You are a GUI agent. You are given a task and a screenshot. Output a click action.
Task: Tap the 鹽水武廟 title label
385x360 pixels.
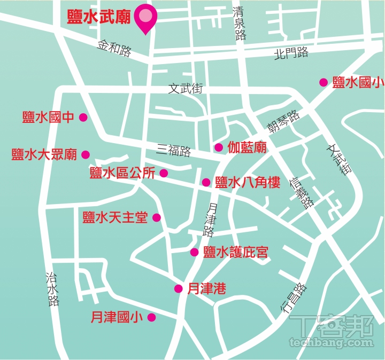click(x=99, y=17)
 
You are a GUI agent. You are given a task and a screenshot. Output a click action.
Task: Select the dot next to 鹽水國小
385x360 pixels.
click(x=323, y=82)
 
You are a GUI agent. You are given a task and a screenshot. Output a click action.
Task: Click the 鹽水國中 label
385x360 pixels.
click(x=48, y=117)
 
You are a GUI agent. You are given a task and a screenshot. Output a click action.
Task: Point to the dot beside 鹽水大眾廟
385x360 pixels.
click(x=86, y=155)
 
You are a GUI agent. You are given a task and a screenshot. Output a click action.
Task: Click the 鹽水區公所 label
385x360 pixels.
click(x=122, y=173)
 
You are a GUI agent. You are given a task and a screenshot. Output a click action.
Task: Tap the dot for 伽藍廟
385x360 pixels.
click(x=218, y=147)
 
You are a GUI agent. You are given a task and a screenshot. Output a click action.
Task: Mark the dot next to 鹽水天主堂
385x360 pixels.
click(x=157, y=217)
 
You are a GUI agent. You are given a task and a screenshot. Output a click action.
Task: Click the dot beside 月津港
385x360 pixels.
click(x=178, y=289)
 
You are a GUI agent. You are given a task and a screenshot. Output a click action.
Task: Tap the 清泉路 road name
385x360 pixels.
click(x=240, y=25)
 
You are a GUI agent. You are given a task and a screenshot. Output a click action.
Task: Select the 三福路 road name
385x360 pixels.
click(x=174, y=151)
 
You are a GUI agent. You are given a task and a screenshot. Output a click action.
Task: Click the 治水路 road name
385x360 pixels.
click(x=52, y=289)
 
